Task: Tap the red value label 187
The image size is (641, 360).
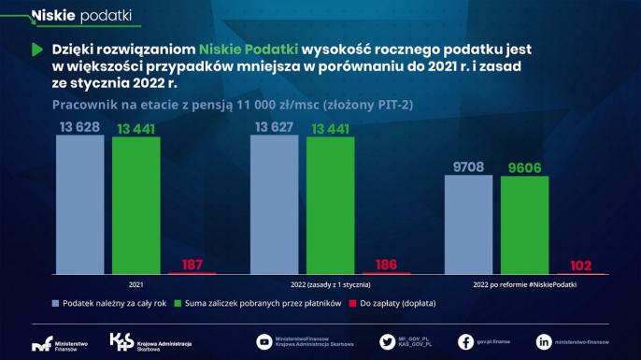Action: (x=192, y=265)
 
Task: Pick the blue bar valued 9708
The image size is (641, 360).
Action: (x=469, y=224)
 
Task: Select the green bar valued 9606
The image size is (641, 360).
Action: (x=524, y=224)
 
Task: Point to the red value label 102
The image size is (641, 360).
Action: (x=581, y=265)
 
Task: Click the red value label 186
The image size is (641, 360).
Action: (x=386, y=265)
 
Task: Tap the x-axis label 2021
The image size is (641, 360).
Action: (x=136, y=283)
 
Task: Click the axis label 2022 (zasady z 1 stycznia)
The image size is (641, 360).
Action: (x=331, y=283)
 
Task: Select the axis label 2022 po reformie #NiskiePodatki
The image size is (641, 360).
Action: (x=525, y=283)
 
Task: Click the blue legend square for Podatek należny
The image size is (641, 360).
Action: (x=55, y=303)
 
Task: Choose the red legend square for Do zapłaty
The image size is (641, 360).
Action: (x=352, y=303)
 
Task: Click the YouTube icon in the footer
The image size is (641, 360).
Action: (x=264, y=342)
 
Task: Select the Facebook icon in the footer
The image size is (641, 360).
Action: (x=464, y=342)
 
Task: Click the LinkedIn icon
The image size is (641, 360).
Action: (x=543, y=342)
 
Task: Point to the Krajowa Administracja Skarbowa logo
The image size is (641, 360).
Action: (x=121, y=342)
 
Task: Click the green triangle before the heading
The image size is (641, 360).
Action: (x=36, y=48)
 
